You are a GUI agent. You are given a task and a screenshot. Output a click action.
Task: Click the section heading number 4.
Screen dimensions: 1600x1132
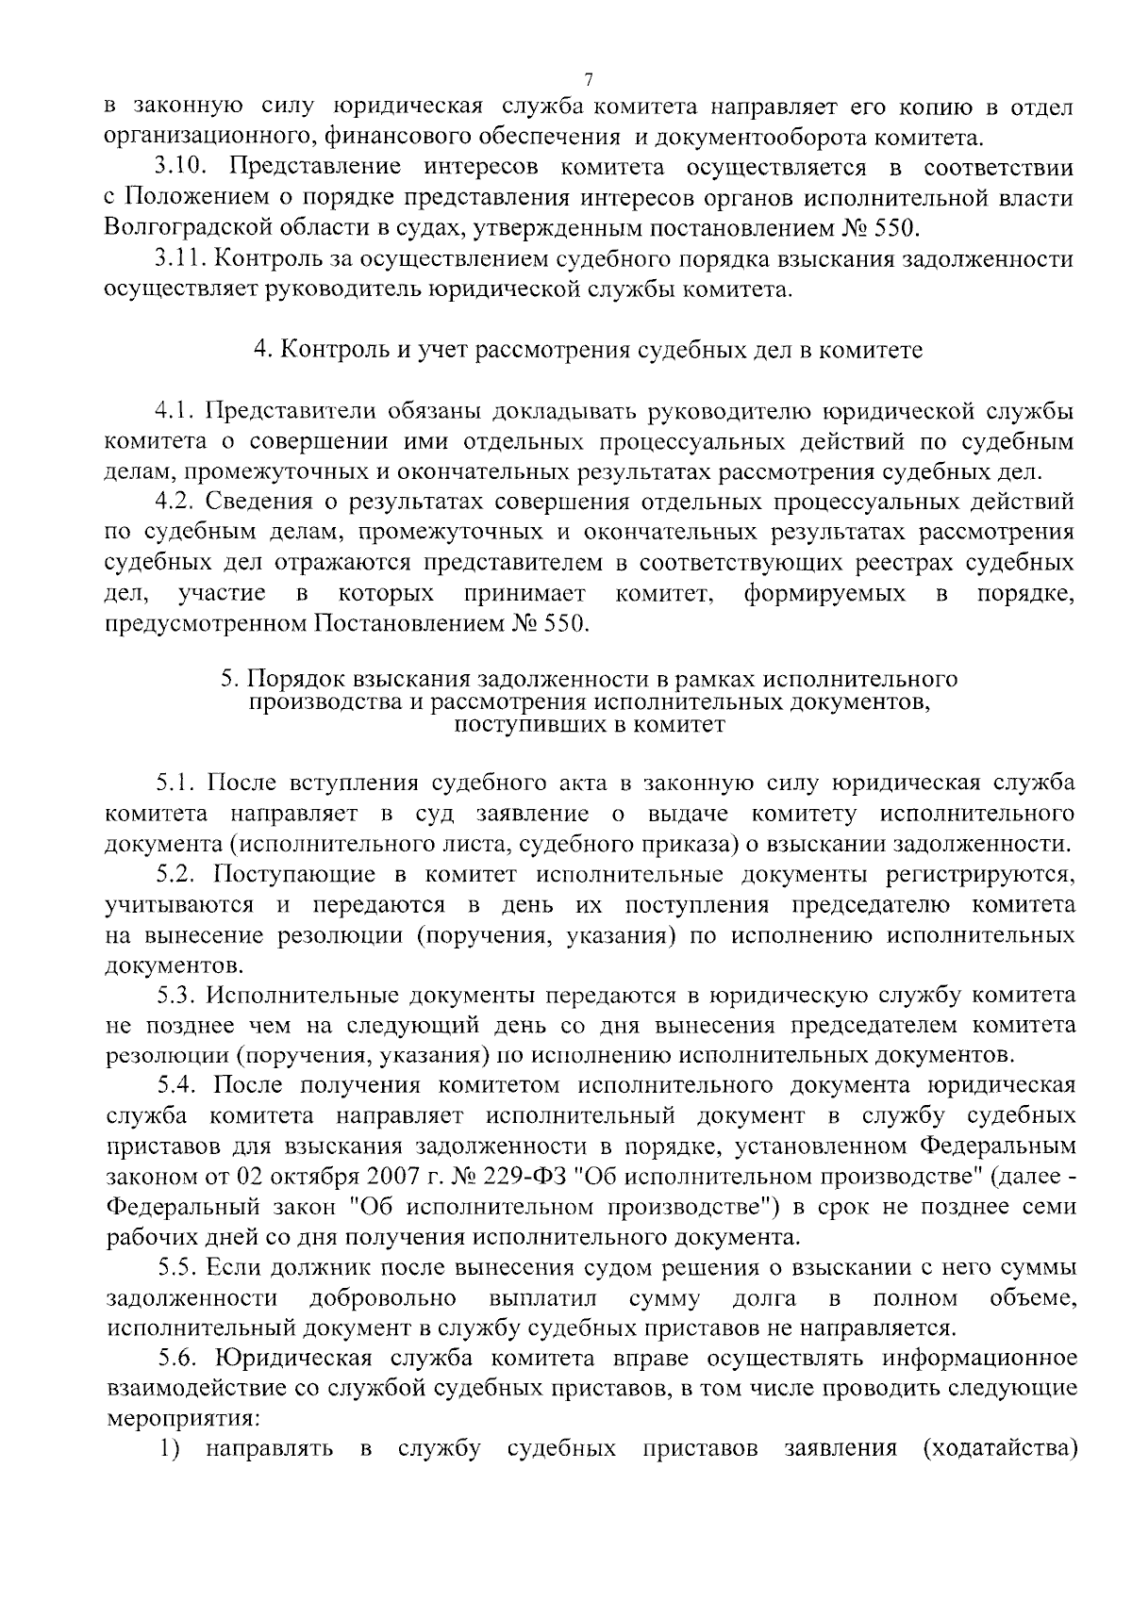(261, 350)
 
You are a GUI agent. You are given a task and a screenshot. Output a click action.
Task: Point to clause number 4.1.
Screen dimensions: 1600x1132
(176, 411)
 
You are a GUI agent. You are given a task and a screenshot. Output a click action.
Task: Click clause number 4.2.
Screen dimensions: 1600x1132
(176, 502)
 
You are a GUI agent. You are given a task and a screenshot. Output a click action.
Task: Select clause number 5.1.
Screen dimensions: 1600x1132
(176, 784)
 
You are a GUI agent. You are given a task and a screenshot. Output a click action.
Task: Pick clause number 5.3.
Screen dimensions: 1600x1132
(176, 996)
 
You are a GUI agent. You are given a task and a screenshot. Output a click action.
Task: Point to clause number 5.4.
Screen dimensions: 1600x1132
(176, 1086)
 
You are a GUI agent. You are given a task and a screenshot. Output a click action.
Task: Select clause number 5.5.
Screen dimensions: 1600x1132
(176, 1268)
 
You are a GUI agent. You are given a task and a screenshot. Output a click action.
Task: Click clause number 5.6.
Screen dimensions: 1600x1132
(177, 1359)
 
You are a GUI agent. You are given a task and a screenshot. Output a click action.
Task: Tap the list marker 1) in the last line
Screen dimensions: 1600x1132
(168, 1448)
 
